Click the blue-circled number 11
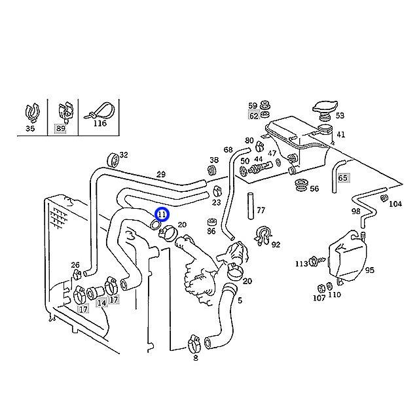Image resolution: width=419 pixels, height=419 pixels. click(162, 214)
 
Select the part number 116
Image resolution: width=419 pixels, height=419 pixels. click(100, 123)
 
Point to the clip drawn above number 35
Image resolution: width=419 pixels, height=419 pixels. click(33, 112)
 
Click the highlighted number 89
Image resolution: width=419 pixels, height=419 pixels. click(60, 128)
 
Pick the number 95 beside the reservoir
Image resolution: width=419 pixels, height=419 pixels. click(369, 270)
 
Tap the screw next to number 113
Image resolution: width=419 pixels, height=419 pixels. click(317, 261)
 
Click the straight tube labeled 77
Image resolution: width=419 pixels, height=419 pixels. click(250, 206)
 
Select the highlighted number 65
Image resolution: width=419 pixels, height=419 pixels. click(342, 177)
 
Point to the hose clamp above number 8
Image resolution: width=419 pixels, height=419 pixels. click(195, 344)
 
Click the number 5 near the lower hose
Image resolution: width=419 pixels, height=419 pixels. click(240, 301)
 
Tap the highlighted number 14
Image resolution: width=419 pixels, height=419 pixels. click(101, 303)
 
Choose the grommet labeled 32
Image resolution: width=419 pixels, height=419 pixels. click(113, 160)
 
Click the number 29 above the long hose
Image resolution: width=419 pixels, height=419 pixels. click(160, 175)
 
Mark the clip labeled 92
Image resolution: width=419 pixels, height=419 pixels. click(263, 236)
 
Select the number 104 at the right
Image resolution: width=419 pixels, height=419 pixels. click(395, 204)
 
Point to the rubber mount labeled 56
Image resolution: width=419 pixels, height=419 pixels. click(301, 185)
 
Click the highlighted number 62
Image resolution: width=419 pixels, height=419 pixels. click(253, 116)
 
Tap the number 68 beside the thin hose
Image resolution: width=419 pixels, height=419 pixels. click(228, 150)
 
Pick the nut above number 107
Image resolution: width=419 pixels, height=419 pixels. click(321, 289)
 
